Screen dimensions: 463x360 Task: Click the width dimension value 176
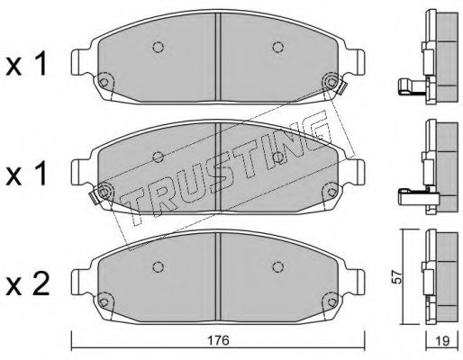pos(218,340)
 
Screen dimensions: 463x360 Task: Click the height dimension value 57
pos(397,276)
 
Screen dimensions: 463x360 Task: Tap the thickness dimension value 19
pos(441,340)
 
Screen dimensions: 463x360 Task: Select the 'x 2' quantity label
pos(27,284)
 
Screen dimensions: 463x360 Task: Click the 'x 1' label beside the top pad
pos(26,64)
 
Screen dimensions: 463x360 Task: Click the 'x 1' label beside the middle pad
pos(26,174)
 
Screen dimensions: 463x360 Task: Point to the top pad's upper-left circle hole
pos(158,47)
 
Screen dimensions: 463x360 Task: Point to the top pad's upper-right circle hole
pos(278,47)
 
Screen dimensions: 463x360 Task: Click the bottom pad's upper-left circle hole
pos(158,266)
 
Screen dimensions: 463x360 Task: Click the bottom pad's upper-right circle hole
pos(278,266)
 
